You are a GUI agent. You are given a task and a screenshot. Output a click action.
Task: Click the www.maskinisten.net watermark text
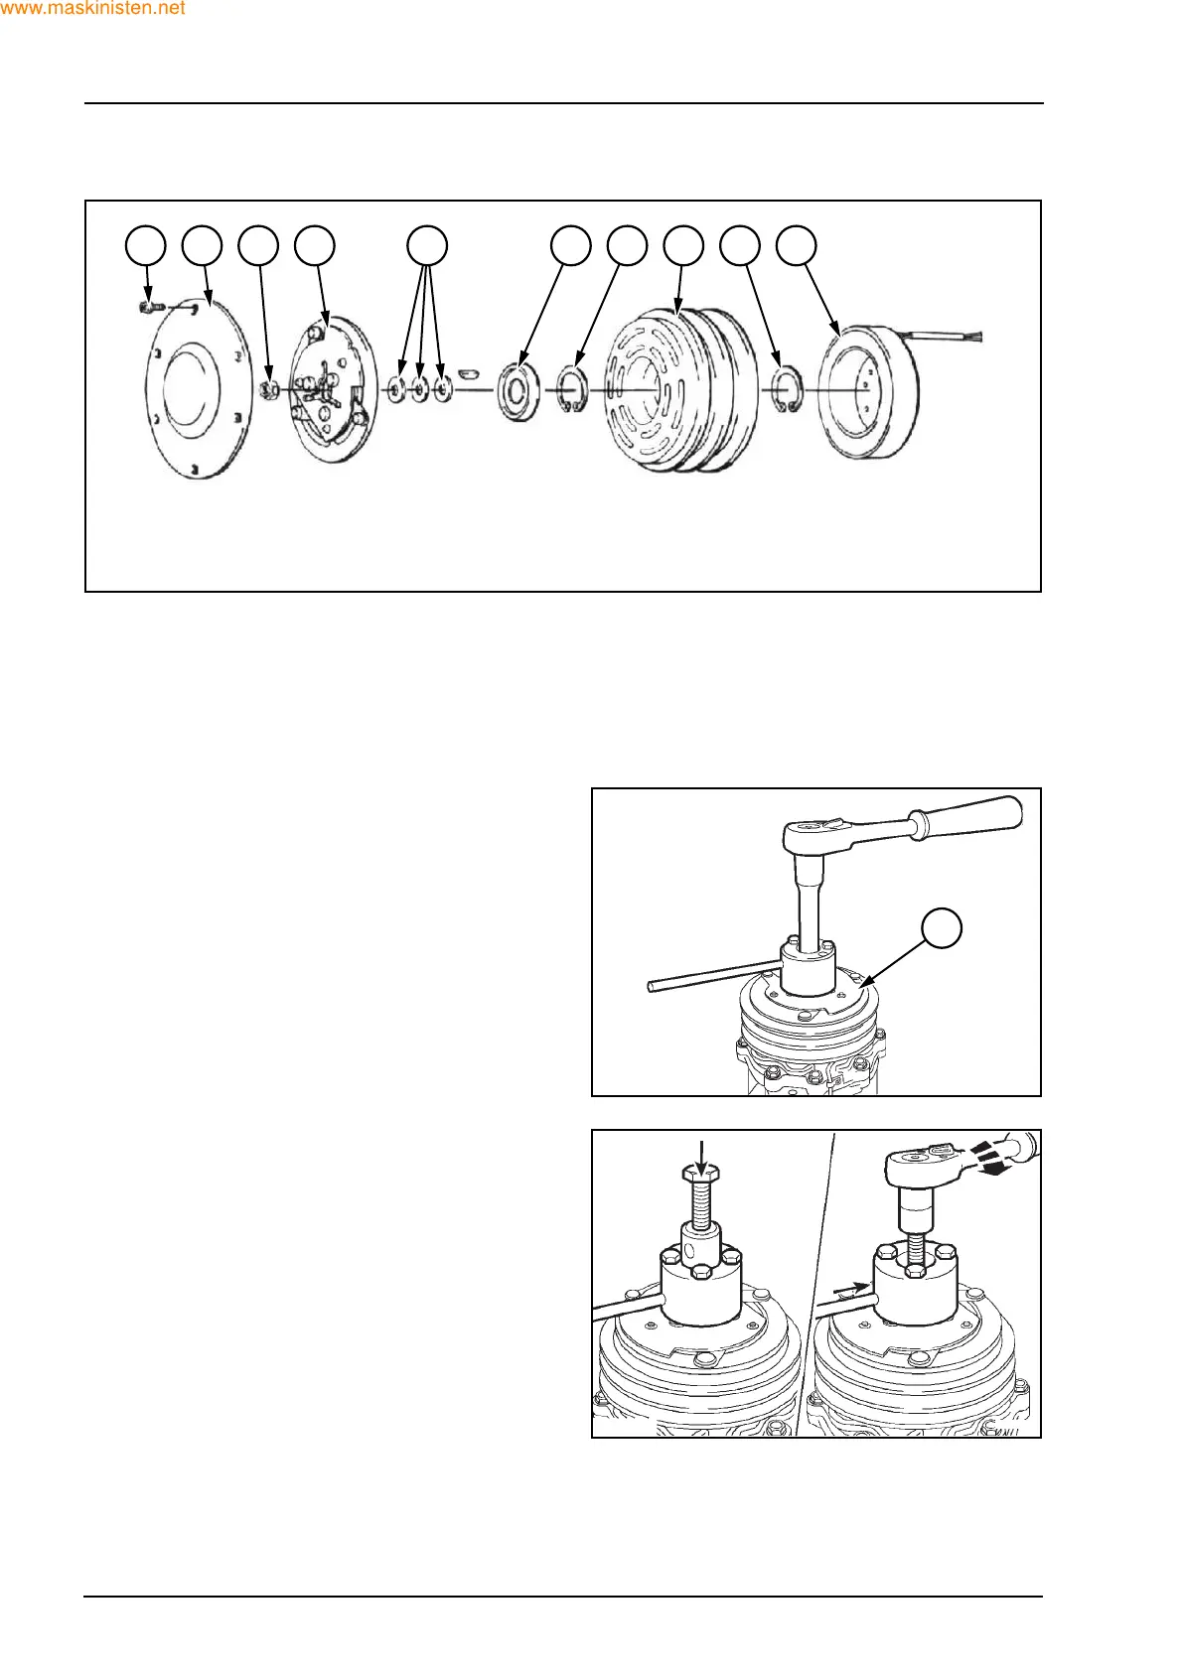[93, 9]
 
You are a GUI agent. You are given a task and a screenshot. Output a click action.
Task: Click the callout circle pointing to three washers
[428, 245]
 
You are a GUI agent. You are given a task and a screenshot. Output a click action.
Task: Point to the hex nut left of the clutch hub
[267, 390]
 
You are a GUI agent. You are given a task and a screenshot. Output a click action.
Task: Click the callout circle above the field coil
[796, 245]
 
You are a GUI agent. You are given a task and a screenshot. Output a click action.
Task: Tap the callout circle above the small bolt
[146, 245]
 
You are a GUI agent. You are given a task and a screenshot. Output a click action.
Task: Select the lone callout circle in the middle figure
[943, 926]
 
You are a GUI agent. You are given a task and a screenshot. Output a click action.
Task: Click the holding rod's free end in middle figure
[652, 985]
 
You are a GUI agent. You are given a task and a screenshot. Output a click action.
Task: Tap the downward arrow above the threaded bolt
[701, 1154]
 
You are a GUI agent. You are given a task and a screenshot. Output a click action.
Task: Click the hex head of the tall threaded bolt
[701, 1175]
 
